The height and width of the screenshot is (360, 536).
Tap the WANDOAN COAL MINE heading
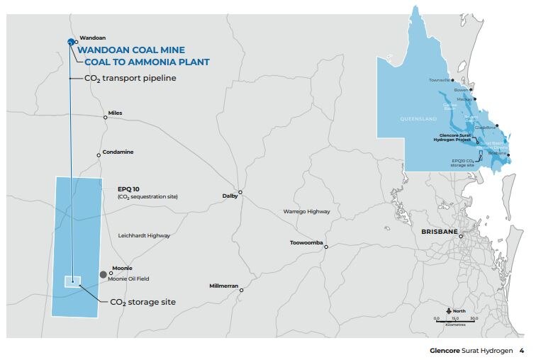tap(131, 50)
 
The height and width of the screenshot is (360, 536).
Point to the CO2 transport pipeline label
tap(130, 79)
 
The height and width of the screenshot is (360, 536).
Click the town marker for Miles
tap(106, 118)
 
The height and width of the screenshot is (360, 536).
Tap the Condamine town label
tap(118, 152)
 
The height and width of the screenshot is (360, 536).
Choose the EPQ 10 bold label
tap(130, 189)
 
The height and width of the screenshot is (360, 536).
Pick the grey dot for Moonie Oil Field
tap(104, 274)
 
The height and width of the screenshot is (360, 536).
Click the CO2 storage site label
tap(143, 302)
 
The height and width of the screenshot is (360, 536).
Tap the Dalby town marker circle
tap(240, 192)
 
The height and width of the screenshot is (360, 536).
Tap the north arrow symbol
tap(448, 310)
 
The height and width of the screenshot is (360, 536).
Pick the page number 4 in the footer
tap(521, 350)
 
